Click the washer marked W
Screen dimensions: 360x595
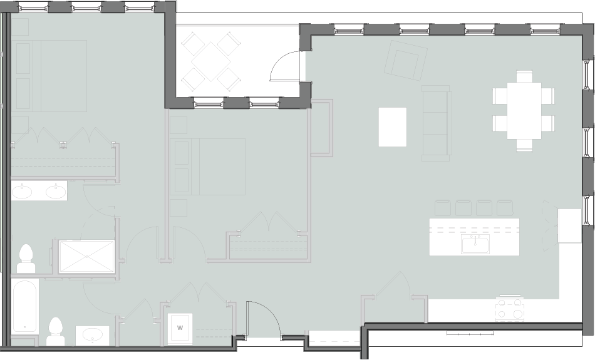pyautogui.click(x=180, y=327)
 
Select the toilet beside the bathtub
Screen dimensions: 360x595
pyautogui.click(x=56, y=332)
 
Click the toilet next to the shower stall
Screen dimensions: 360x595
pyautogui.click(x=26, y=259)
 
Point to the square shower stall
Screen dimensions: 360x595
pyautogui.click(x=86, y=256)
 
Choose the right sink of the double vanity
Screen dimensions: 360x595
pyautogui.click(x=56, y=190)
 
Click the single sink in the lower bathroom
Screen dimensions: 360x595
pyautogui.click(x=93, y=335)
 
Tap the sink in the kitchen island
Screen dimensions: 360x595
pyautogui.click(x=475, y=244)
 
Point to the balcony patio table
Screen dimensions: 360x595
pyautogui.click(x=210, y=61)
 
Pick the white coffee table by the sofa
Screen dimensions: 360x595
pyautogui.click(x=392, y=127)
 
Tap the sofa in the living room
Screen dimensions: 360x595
pyautogui.click(x=437, y=123)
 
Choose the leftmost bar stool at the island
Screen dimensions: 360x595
pyautogui.click(x=443, y=208)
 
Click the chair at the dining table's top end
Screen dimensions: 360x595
pyautogui.click(x=524, y=76)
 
